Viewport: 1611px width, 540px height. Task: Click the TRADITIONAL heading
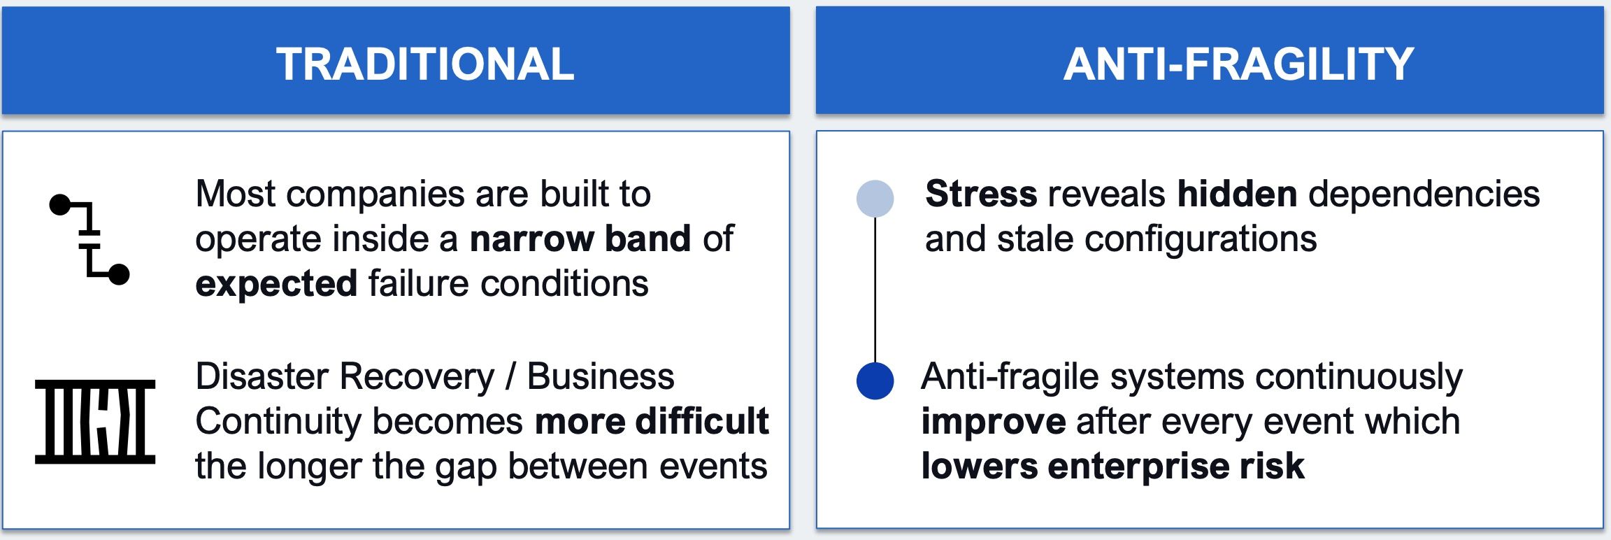[x=425, y=64]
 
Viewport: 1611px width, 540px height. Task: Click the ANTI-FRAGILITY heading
[x=1238, y=64]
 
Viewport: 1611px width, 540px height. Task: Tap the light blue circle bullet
[x=875, y=198]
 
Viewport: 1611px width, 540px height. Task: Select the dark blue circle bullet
[x=875, y=381]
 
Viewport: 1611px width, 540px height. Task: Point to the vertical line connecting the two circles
[x=875, y=290]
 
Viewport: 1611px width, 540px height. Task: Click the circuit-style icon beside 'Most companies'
[x=89, y=239]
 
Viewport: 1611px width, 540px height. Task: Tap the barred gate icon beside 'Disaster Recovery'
[x=95, y=422]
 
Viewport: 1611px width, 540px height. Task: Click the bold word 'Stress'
[x=981, y=194]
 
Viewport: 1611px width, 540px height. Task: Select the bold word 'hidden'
[x=1237, y=194]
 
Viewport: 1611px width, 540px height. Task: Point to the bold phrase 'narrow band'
[x=580, y=239]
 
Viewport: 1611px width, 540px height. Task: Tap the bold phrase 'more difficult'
[x=652, y=421]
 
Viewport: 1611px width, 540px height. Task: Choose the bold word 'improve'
[x=994, y=422]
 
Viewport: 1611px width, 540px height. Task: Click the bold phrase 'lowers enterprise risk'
[x=1113, y=466]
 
